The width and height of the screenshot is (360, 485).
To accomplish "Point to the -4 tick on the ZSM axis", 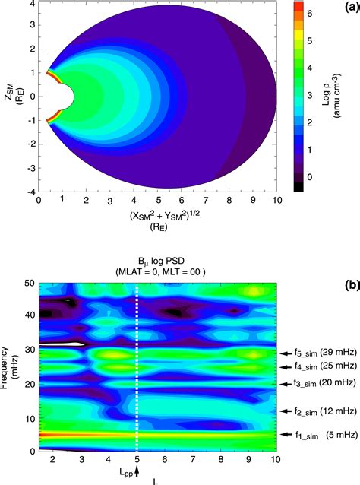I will coord(27,191).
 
